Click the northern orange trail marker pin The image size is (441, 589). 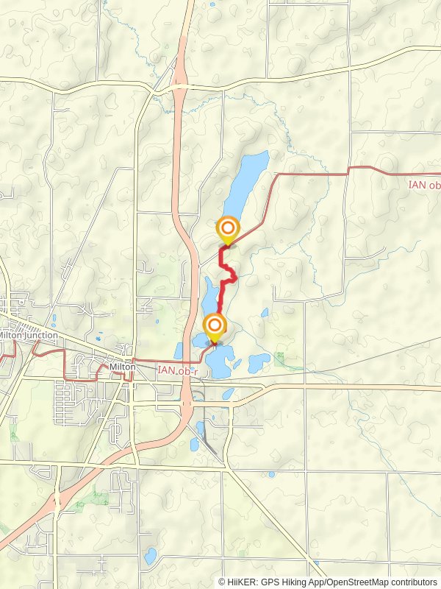227,229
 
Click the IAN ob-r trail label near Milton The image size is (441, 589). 177,370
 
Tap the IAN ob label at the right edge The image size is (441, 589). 424,185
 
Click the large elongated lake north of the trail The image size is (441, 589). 245,184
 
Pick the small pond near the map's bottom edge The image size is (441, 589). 151,556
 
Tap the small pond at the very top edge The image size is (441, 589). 212,5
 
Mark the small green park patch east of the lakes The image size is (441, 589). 279,358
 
